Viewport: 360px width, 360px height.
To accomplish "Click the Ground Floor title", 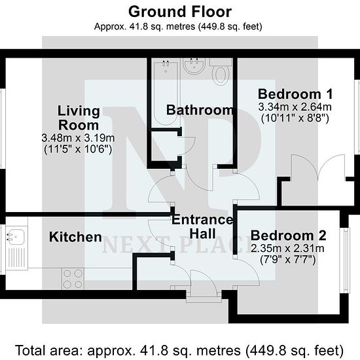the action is coord(180,12).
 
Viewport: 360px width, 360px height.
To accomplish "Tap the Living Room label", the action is coord(79,118).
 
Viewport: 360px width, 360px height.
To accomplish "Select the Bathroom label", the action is coord(200,110).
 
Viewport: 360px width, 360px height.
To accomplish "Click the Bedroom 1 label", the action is coord(295,94).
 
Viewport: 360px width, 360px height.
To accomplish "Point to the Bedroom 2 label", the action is coord(288,236).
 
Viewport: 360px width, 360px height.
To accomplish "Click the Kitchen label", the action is coord(75,237).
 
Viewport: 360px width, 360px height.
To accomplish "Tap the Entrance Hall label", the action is coord(202,226).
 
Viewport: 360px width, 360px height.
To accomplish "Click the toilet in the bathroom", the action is coord(221,72).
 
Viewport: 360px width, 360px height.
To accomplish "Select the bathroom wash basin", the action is coord(194,66).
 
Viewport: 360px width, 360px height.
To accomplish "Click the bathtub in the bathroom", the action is coord(166,92).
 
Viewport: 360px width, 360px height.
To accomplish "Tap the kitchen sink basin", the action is coord(16,236).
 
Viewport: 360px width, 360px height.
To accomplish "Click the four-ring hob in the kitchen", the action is coord(73,279).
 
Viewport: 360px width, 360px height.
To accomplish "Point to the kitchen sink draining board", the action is coord(16,258).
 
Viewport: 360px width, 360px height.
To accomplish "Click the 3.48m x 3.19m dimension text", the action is coord(78,138).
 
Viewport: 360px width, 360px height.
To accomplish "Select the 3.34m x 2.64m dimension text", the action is coord(295,107).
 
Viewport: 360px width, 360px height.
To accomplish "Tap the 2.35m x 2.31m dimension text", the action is coord(287,249).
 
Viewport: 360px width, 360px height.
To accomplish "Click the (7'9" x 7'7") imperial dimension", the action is coord(288,260).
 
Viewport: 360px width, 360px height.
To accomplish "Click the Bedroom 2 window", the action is coord(345,261).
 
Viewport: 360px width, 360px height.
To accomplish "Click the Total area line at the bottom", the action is coord(180,350).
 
